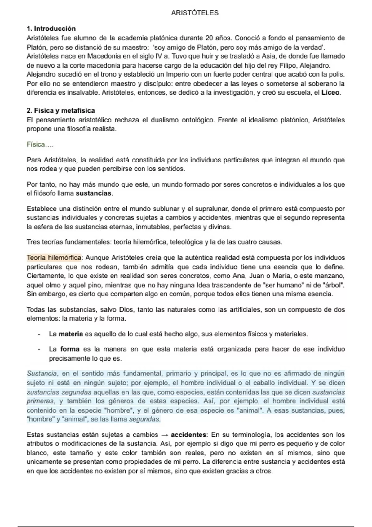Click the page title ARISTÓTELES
195,13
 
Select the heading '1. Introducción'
51,29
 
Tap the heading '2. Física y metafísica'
61,111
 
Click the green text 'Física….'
40,144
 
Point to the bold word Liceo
330,93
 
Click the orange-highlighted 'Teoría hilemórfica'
54,258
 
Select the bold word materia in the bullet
71,334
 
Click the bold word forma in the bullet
70,349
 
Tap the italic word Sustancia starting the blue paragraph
42,374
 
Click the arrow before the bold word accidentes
165,435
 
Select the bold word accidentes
188,435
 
